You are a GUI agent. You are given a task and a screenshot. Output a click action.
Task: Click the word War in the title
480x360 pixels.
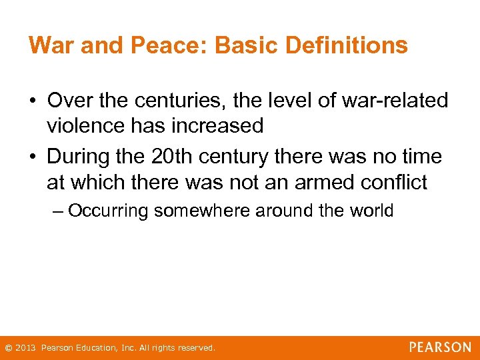49,45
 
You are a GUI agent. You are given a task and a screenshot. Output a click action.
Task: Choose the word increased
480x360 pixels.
220,125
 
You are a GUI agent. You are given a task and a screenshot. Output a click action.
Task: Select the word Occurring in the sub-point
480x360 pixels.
110,211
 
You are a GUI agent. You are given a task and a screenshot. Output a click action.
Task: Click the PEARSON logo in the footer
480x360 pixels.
440,347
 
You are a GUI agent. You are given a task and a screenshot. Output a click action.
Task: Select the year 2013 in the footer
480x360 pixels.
25,348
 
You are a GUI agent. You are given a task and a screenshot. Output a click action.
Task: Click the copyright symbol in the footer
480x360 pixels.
8,348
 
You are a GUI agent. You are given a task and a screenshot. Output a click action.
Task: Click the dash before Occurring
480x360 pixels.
58,212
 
